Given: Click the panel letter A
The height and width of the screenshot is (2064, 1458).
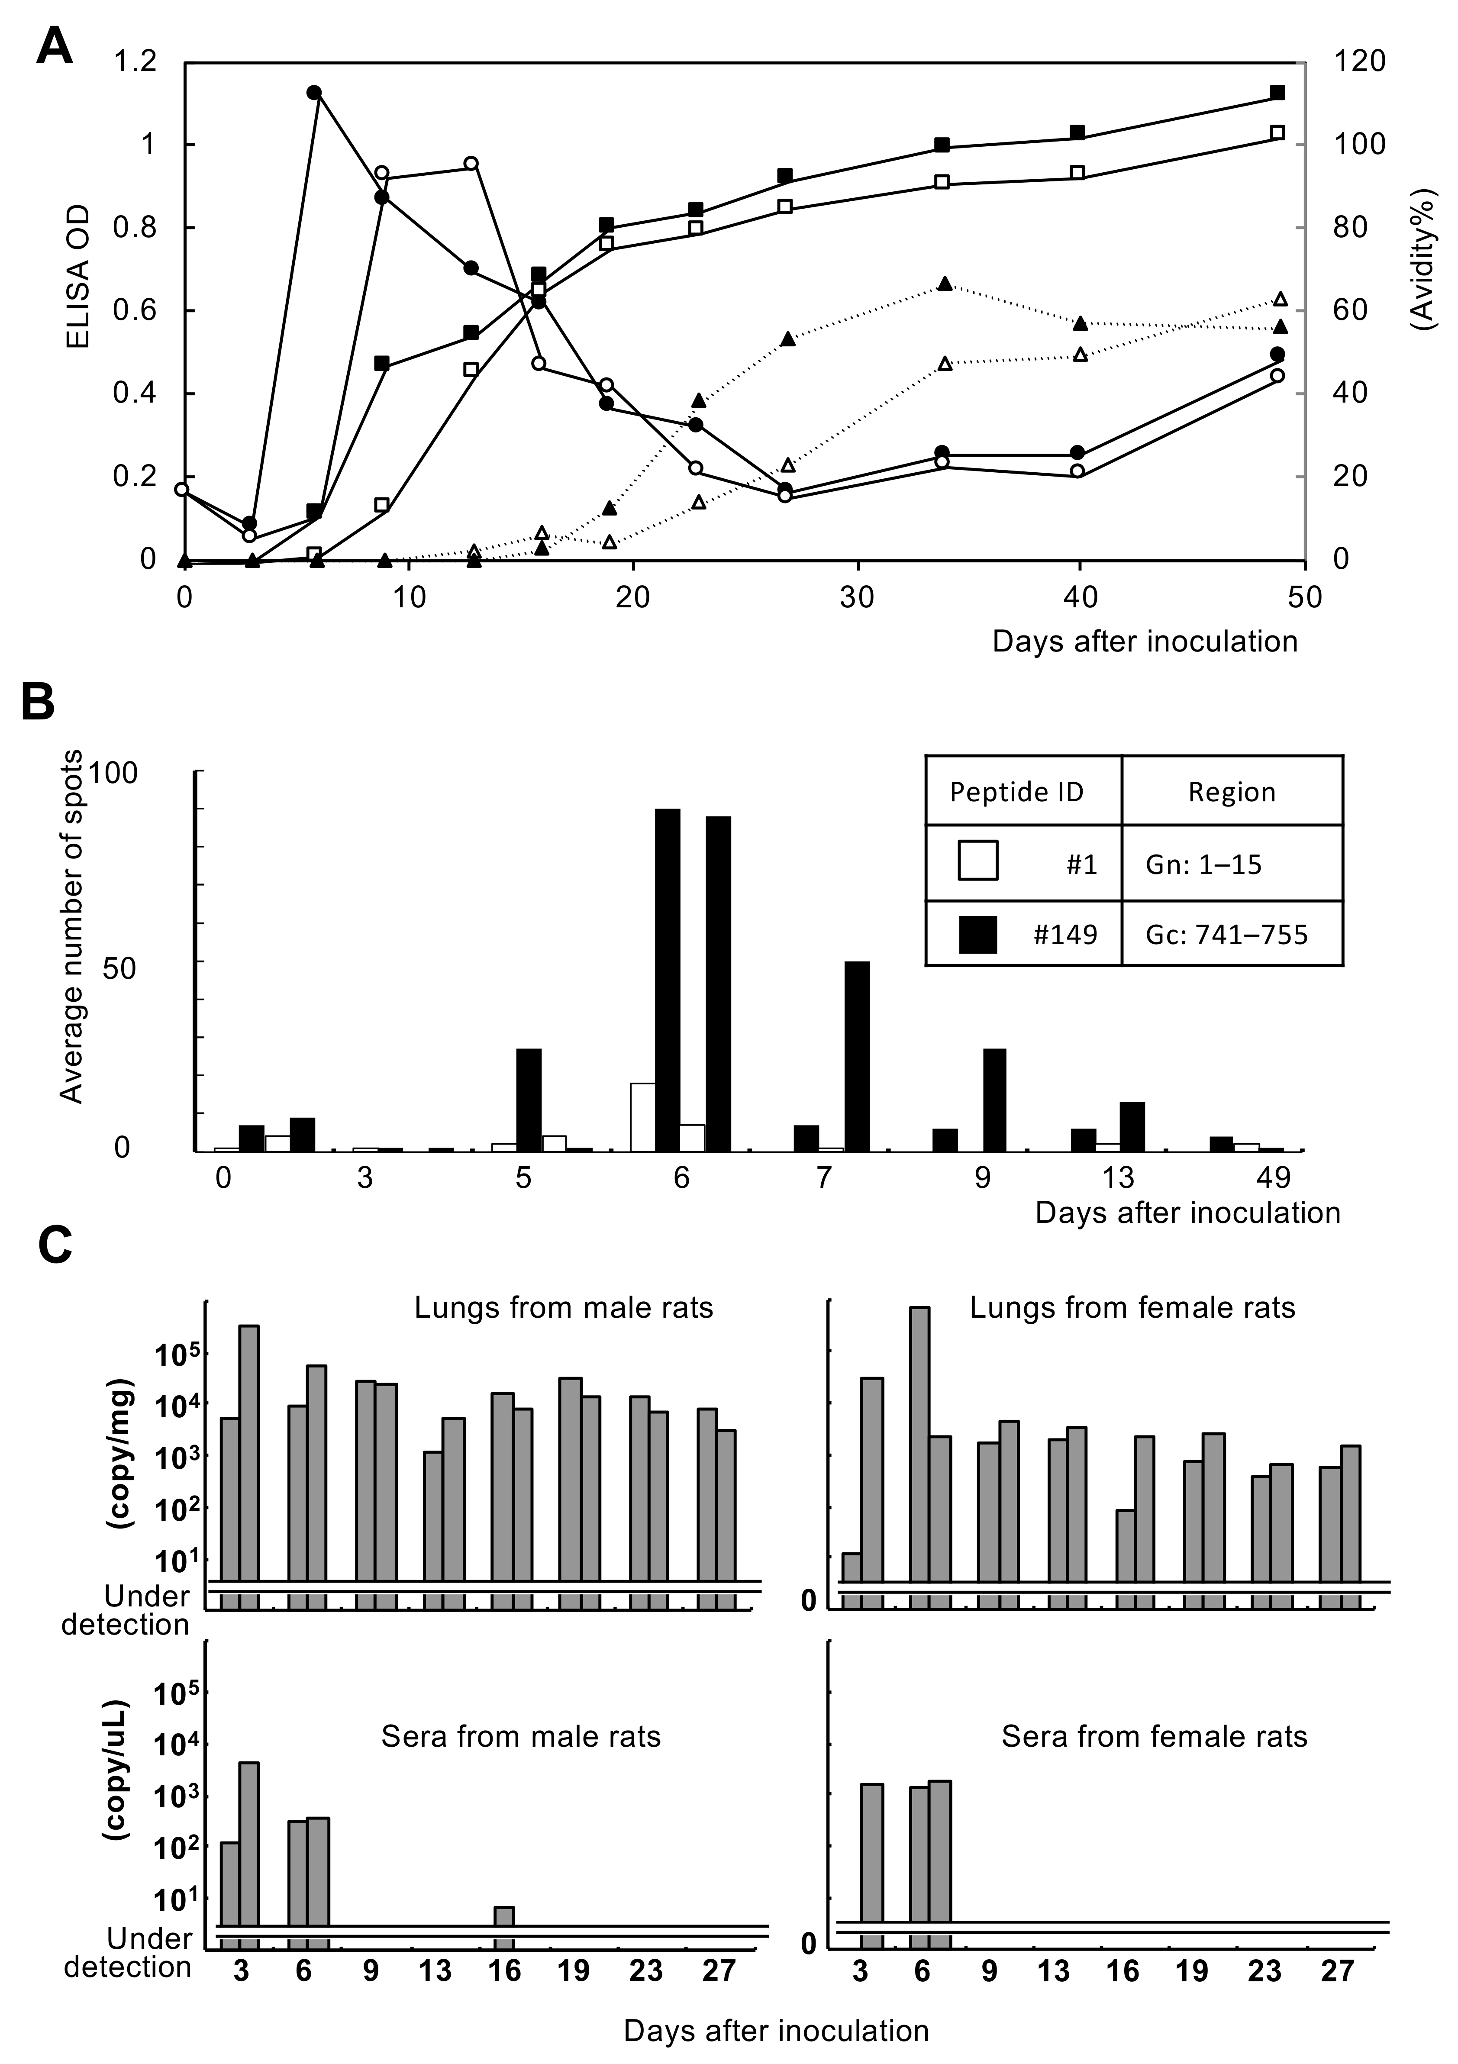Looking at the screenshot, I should click(x=54, y=45).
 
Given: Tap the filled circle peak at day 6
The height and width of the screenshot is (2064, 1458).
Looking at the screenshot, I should click(x=314, y=93).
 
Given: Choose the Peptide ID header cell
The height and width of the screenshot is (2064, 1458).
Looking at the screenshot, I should click(x=1016, y=792).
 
